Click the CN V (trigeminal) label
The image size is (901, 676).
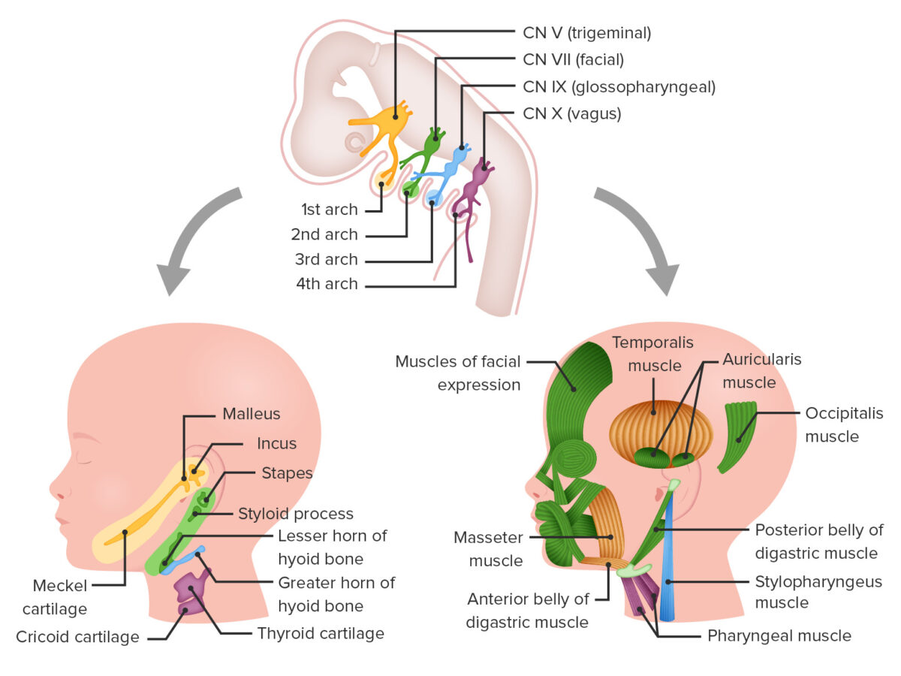[x=586, y=33]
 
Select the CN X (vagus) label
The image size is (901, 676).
[x=572, y=113]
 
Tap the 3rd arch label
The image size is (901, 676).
[x=327, y=259]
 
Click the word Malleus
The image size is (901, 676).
[x=252, y=414]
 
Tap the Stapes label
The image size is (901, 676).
[x=287, y=473]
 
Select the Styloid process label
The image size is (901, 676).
[x=296, y=514]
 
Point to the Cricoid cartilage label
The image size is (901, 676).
[x=77, y=637]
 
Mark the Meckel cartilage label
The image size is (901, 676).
[x=55, y=597]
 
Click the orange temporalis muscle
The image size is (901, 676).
[x=660, y=431]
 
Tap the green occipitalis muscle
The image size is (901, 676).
[x=739, y=436]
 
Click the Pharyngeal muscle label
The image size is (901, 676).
[x=779, y=635]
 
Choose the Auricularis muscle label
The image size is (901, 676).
[x=762, y=370]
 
